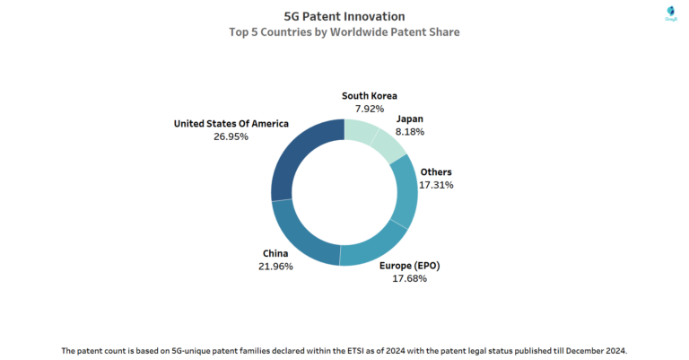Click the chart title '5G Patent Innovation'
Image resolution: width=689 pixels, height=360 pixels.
344,16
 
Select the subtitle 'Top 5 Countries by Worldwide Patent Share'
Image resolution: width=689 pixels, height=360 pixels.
344,32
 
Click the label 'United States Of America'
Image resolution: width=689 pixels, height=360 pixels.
231,123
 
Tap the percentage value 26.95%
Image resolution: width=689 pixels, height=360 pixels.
231,136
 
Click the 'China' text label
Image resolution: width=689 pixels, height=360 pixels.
275,253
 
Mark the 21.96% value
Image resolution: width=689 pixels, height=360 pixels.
275,267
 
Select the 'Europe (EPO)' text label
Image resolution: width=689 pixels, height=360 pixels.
408,266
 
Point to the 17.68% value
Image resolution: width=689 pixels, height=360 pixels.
408,279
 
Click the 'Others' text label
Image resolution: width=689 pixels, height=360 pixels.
436,171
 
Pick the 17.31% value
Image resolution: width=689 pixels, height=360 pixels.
436,185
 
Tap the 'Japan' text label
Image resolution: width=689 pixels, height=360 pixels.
409,118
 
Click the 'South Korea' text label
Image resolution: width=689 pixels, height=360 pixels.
369,95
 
